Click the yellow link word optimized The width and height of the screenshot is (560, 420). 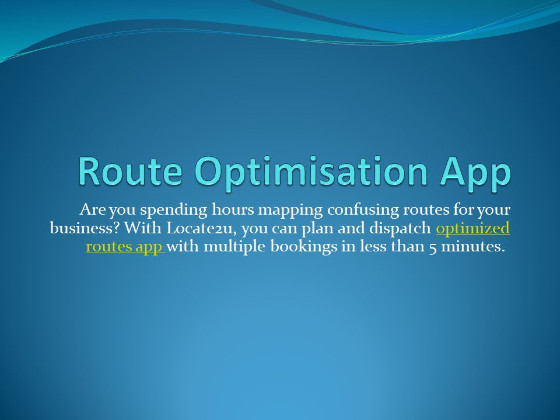pos(473,228)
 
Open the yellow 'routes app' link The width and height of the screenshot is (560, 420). pos(124,247)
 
